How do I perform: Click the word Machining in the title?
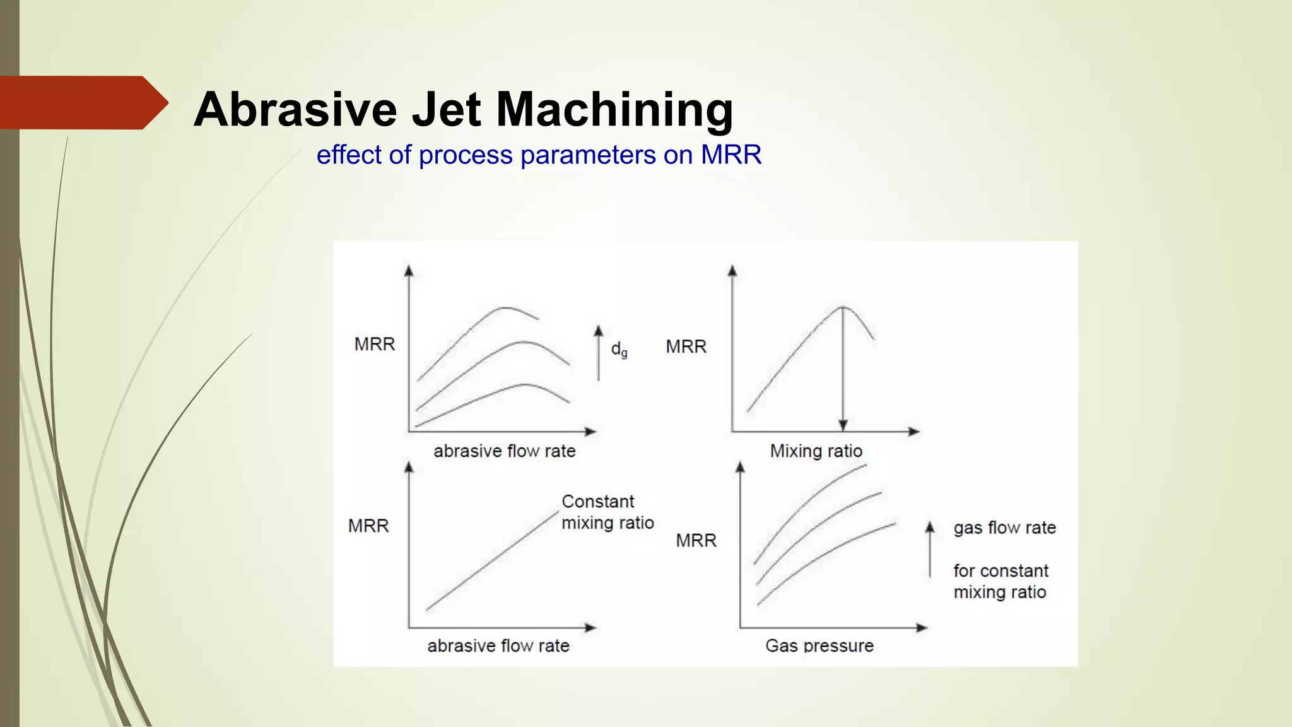[x=614, y=110]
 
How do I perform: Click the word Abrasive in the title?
[x=295, y=109]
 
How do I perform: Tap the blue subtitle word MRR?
[x=731, y=155]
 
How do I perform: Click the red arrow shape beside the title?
[x=82, y=103]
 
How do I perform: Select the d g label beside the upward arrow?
[x=619, y=350]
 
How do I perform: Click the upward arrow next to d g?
[x=599, y=353]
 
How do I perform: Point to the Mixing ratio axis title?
[x=816, y=451]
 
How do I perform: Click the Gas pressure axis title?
[x=819, y=646]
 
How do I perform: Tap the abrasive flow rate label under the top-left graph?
[x=504, y=451]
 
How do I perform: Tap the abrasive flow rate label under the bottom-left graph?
[x=498, y=646]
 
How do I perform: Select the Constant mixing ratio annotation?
[x=607, y=512]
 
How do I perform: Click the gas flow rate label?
[x=1004, y=528]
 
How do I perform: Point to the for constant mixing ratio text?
[x=1000, y=581]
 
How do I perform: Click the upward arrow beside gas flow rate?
[x=929, y=549]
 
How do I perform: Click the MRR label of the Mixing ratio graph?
[x=686, y=346]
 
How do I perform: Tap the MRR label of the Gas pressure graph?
[x=696, y=540]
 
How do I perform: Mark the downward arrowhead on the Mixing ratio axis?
[x=843, y=425]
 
